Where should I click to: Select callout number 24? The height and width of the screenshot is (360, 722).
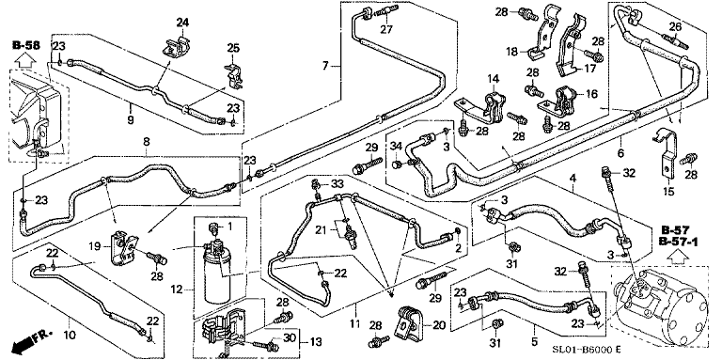[181, 22]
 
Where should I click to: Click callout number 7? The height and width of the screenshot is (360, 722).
[326, 66]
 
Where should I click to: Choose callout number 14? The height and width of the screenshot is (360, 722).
[491, 79]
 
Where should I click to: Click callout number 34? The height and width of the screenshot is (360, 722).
[396, 146]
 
